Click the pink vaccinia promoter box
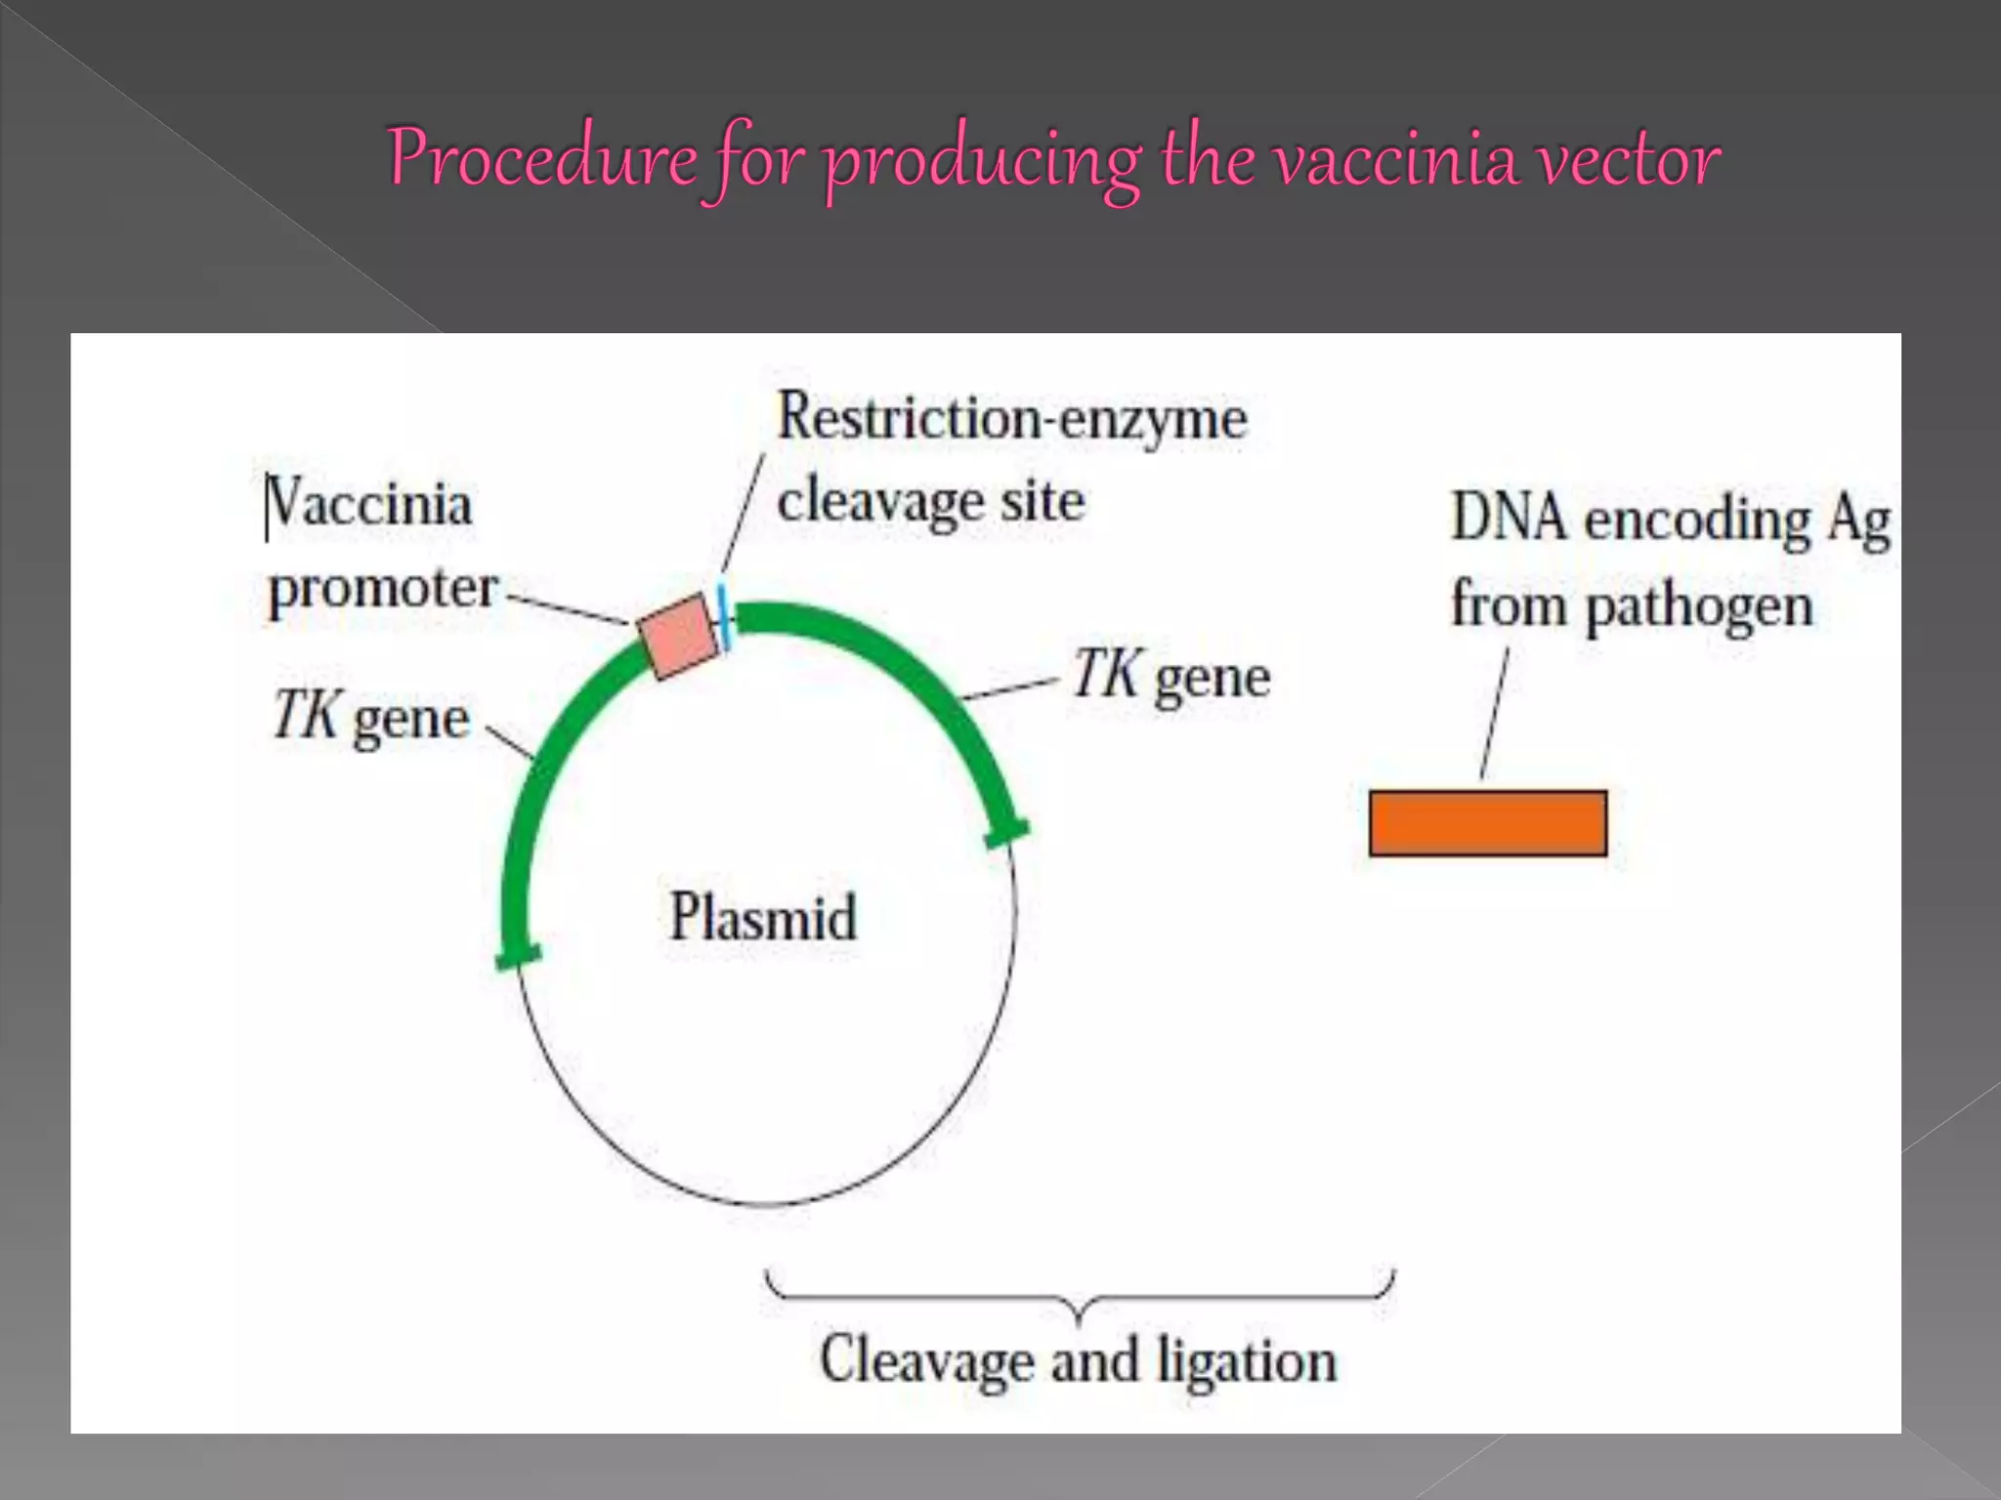pyautogui.click(x=677, y=636)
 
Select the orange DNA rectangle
pyautogui.click(x=1487, y=823)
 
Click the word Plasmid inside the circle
pyautogui.click(x=763, y=917)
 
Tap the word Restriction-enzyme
pyautogui.click(x=1011, y=419)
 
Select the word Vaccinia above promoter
pyautogui.click(x=368, y=505)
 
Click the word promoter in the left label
pyautogui.click(x=383, y=588)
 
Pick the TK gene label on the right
pyautogui.click(x=1171, y=676)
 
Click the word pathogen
pyautogui.click(x=1699, y=606)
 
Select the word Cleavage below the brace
pyautogui.click(x=926, y=1360)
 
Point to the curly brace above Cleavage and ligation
pyautogui.click(x=1079, y=1299)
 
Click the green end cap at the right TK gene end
pyautogui.click(x=1006, y=833)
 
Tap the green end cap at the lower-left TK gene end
pyautogui.click(x=518, y=956)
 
